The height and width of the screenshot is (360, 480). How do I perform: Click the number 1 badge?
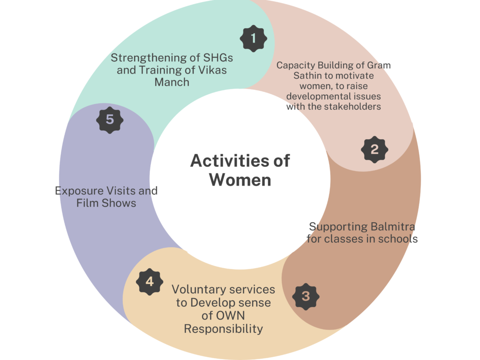[254, 38]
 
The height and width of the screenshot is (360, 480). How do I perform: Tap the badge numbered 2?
[375, 150]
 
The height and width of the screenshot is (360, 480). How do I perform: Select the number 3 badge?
[306, 296]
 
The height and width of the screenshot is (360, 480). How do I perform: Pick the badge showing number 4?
[150, 282]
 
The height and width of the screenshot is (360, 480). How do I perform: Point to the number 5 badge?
[110, 120]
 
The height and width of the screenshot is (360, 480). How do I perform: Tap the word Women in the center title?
[240, 180]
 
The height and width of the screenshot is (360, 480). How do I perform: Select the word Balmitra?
[392, 227]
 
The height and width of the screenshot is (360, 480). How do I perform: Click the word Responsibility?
[223, 329]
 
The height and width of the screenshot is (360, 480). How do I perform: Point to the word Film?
[87, 203]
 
